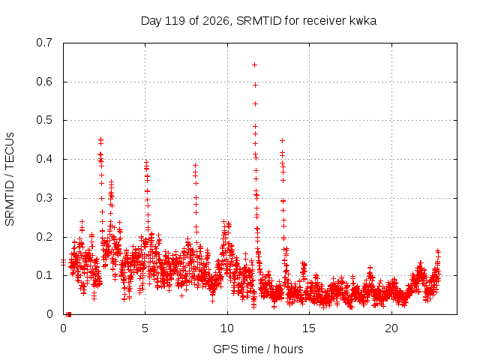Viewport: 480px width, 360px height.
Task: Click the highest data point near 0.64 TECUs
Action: click(x=254, y=65)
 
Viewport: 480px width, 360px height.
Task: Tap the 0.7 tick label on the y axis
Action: click(x=44, y=43)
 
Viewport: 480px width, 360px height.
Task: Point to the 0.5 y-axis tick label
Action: click(x=44, y=120)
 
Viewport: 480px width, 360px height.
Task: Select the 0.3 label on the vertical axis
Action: click(x=44, y=198)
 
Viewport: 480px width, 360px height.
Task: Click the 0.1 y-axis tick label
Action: click(x=44, y=275)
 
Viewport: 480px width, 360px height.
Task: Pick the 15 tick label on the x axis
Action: click(x=309, y=328)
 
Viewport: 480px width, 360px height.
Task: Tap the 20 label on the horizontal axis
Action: click(x=391, y=328)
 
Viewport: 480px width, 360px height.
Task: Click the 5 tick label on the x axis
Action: click(x=145, y=328)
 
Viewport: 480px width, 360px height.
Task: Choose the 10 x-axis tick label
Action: click(x=227, y=328)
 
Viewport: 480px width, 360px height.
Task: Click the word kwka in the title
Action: click(x=363, y=21)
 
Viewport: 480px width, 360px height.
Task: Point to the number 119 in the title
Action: click(x=175, y=21)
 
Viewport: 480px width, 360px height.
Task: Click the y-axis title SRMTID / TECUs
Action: click(x=10, y=179)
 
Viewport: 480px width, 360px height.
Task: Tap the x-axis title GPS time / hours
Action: click(x=258, y=349)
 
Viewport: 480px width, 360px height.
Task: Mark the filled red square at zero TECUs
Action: click(x=69, y=314)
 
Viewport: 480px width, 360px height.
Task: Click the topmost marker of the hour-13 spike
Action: click(x=283, y=140)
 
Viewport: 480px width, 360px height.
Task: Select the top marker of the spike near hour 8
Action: click(x=195, y=165)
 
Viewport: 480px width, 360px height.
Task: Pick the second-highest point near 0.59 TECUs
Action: click(x=255, y=85)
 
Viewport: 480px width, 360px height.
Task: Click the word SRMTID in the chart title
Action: click(x=259, y=21)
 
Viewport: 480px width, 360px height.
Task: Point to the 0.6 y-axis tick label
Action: click(x=44, y=82)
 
